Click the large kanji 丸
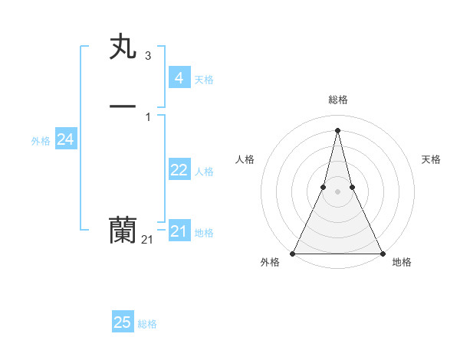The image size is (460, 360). click(x=123, y=48)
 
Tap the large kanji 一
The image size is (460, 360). click(x=123, y=107)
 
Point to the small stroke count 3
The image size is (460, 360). click(x=147, y=56)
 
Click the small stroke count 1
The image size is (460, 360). click(x=147, y=116)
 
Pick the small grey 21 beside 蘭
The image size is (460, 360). click(x=147, y=240)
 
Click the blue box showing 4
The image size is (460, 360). click(x=179, y=77)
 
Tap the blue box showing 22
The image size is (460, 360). click(x=179, y=170)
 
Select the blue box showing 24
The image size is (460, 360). click(x=65, y=139)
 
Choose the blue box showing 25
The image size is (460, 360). click(x=123, y=322)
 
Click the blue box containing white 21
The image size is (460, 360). click(x=179, y=231)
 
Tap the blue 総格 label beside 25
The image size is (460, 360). click(x=147, y=324)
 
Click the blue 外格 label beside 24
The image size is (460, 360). click(x=41, y=141)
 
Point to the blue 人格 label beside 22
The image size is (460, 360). click(x=205, y=172)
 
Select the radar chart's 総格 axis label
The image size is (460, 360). click(x=337, y=100)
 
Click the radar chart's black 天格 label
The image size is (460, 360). click(x=432, y=159)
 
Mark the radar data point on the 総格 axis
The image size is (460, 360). click(x=337, y=129)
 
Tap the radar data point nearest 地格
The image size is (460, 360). click(x=382, y=253)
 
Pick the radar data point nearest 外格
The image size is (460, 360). click(x=293, y=253)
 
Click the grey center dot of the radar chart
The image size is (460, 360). click(x=337, y=191)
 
